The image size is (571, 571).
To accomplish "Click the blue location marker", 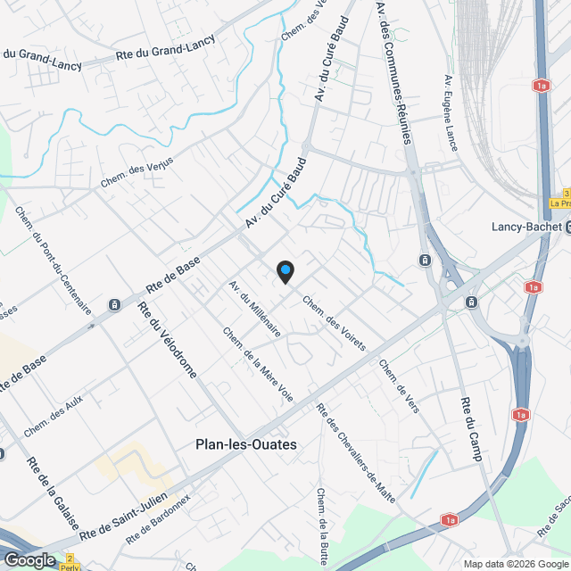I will pyautogui.click(x=285, y=270).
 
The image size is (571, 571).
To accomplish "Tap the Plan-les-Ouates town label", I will pyautogui.click(x=245, y=443).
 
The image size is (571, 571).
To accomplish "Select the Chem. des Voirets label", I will pyautogui.click(x=335, y=322).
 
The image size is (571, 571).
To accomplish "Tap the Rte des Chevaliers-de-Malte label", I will pyautogui.click(x=355, y=452).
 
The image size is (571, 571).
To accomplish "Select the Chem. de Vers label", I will pyautogui.click(x=399, y=385).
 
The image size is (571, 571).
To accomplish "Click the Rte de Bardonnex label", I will pyautogui.click(x=158, y=519).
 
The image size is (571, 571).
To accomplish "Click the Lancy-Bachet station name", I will pyautogui.click(x=526, y=227).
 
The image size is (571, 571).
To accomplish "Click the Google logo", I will pyautogui.click(x=29, y=559).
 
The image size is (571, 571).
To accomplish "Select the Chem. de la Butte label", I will pyautogui.click(x=322, y=519).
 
